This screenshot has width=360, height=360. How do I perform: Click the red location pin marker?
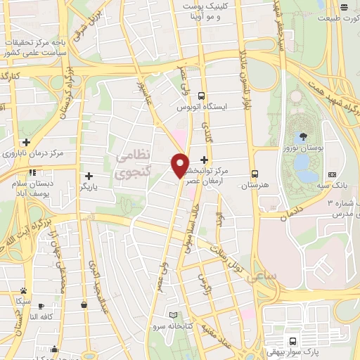click(x=181, y=165)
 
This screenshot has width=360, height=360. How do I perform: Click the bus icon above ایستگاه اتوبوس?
click(x=202, y=96)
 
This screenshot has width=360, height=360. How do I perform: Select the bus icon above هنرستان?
click(x=255, y=173)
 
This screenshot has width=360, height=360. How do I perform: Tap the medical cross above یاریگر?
click(x=89, y=176)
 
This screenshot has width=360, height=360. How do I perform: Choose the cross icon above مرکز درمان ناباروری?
click(x=26, y=142)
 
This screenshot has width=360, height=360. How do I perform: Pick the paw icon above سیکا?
click(x=24, y=290)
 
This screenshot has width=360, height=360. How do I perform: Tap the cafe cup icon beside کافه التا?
click(x=41, y=306)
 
